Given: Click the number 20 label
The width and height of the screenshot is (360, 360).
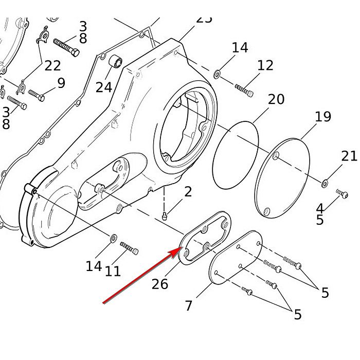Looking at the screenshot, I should tap(276, 99).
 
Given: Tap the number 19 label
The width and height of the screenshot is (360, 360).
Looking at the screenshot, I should tap(322, 117).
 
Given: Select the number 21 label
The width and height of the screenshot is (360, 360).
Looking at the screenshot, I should tap(349, 156).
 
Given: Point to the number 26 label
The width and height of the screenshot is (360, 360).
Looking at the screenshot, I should tap(160, 283).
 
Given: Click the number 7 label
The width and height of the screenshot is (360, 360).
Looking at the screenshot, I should tap(189, 305).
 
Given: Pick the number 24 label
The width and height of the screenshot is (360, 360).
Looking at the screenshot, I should tap(103, 87).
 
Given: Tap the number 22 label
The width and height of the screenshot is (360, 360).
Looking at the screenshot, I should tap(52, 65).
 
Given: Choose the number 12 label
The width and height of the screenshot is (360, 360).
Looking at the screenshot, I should tap(265, 65).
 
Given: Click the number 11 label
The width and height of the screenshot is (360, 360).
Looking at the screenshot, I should tap(113, 271).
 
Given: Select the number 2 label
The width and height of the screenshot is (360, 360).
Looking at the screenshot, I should tap(188, 192).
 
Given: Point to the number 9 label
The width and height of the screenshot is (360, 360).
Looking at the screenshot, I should tap(61, 83).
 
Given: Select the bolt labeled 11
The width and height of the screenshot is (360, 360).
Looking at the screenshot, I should tap(129, 248).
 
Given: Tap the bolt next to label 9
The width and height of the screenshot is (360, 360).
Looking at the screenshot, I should tap(36, 95).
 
